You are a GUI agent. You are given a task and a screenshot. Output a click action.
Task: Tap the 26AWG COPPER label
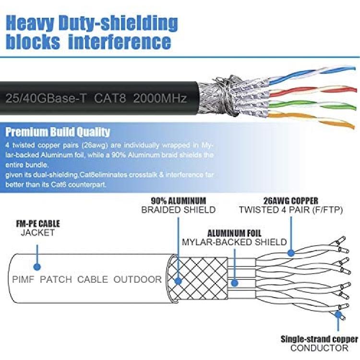290,200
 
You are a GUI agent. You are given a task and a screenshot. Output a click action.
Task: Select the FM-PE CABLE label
38,224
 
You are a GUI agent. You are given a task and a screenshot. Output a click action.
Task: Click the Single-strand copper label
319,339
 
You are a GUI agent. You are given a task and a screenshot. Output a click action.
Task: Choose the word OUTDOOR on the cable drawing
137,279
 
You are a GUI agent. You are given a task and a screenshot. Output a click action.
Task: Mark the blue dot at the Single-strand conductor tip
339,315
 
